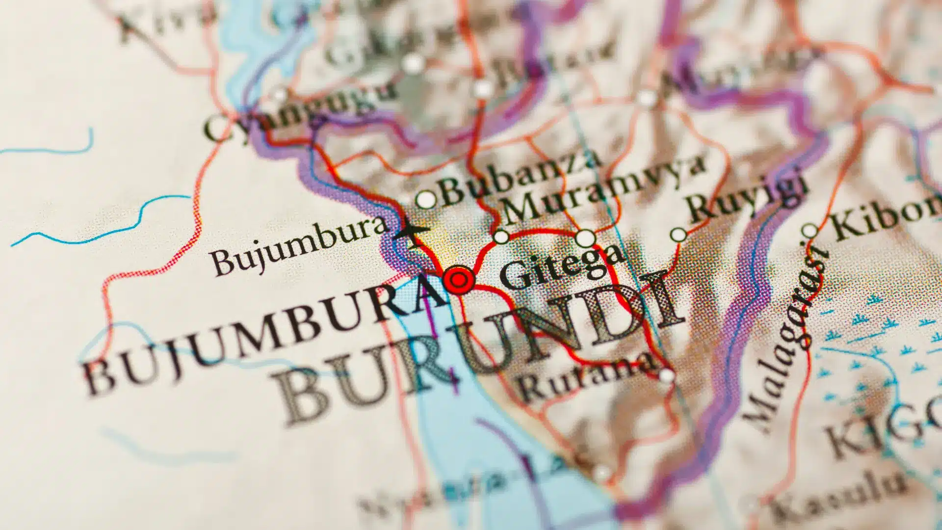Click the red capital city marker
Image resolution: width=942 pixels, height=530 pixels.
pyautogui.click(x=459, y=280)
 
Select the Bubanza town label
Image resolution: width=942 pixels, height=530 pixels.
pyautogui.click(x=520, y=177)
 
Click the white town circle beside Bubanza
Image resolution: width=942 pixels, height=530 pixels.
pyautogui.click(x=426, y=199)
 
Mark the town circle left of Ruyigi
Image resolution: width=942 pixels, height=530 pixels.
pyautogui.click(x=679, y=235)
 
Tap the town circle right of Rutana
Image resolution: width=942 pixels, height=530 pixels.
pyautogui.click(x=666, y=376)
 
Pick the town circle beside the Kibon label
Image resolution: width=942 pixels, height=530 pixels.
pyautogui.click(x=810, y=230)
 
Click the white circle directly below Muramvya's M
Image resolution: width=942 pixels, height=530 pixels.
pyautogui.click(x=501, y=237)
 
